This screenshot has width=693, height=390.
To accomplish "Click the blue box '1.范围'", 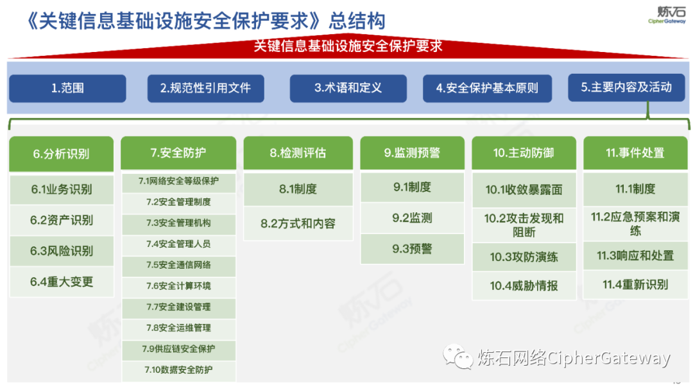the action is click(x=67, y=89).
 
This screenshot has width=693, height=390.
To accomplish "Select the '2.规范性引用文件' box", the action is click(x=205, y=89).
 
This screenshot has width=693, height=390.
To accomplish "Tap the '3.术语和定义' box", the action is click(x=348, y=89).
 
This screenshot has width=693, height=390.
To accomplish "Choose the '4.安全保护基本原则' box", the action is click(x=487, y=89).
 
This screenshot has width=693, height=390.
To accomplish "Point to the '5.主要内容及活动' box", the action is click(x=626, y=87).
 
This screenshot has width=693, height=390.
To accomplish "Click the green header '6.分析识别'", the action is click(x=62, y=154).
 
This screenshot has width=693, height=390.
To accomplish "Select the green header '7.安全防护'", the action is click(x=178, y=153).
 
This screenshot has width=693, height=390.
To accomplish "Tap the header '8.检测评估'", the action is click(x=298, y=153).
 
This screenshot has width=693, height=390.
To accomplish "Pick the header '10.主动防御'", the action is click(x=524, y=153).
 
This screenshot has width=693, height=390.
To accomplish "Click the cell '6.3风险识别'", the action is click(x=62, y=251).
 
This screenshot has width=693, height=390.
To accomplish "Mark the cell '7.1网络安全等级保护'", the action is click(x=178, y=181).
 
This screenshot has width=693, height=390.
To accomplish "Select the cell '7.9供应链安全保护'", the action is click(x=178, y=349).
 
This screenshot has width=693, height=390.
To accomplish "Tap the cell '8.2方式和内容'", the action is click(x=298, y=223).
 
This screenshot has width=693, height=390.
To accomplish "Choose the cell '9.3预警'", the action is click(x=412, y=249).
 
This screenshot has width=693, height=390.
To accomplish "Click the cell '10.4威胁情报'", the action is click(x=524, y=285).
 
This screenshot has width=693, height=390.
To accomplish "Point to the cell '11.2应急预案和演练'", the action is click(x=635, y=223).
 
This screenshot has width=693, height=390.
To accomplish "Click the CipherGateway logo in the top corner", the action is click(x=667, y=15).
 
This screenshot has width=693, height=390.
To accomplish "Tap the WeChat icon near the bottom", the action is click(x=458, y=357).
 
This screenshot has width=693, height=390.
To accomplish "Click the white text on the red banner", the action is click(x=348, y=46).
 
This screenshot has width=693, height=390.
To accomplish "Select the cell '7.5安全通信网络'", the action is click(x=178, y=265).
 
